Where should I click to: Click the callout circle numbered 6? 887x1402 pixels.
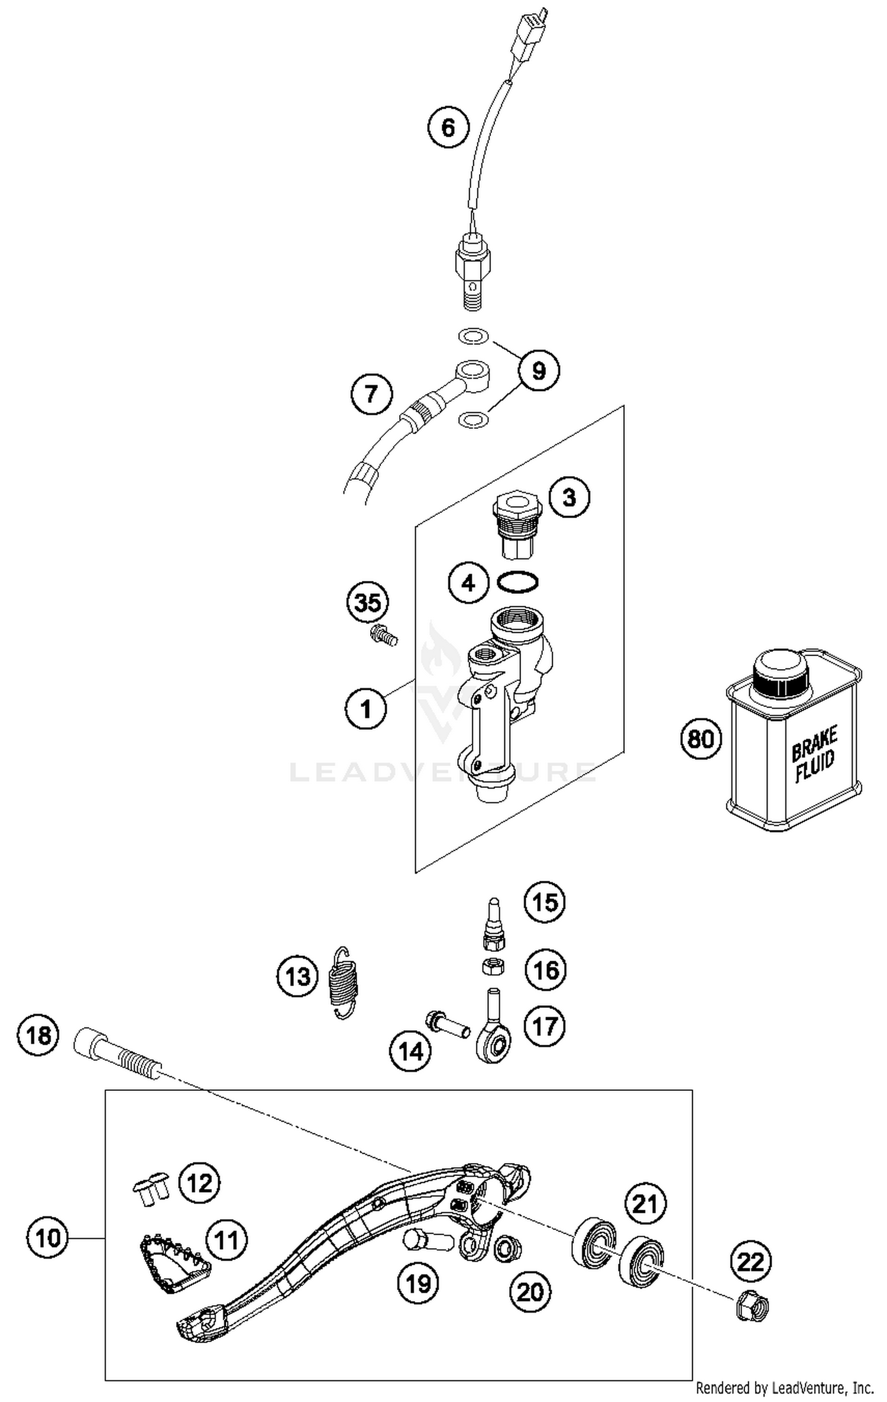pos(448,127)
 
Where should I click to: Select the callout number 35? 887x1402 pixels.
pos(367,603)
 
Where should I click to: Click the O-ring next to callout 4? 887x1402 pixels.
pos(518,582)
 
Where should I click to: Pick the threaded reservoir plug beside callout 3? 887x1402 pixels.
pos(517,524)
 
